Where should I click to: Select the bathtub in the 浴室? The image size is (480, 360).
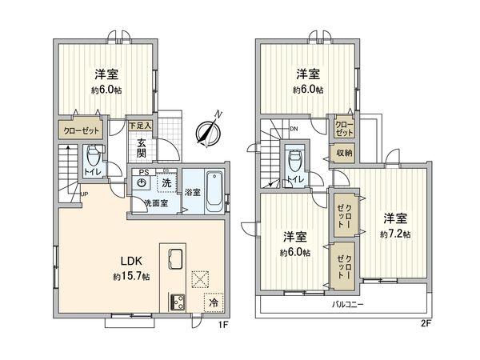pyautogui.click(x=214, y=191)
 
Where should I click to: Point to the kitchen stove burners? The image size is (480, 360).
pyautogui.click(x=175, y=302)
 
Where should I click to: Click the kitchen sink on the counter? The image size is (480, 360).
pyautogui.click(x=176, y=261)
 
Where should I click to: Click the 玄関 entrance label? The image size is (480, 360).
pyautogui.click(x=142, y=149)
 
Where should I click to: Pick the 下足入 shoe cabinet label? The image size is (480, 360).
pyautogui.click(x=142, y=125)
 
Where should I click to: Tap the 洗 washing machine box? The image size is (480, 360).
pyautogui.click(x=166, y=183)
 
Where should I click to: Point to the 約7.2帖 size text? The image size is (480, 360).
pyautogui.click(x=395, y=234)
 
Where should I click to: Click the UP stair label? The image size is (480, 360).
pyautogui.click(x=84, y=192)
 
